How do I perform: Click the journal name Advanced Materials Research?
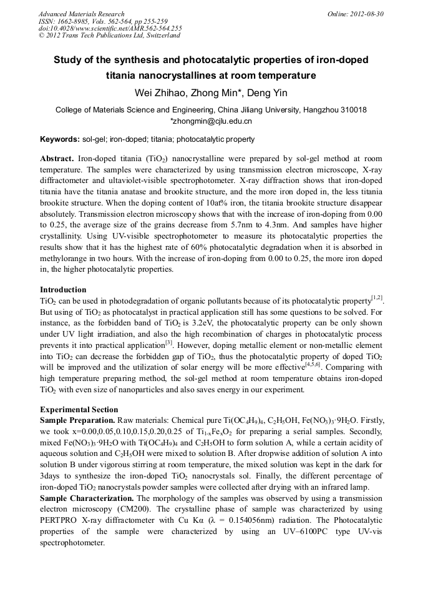point(81,14)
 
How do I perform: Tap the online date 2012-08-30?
point(367,14)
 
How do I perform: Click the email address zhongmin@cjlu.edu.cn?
point(213,121)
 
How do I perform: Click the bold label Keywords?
point(59,139)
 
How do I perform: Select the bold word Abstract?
point(57,159)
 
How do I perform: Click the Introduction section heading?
point(63,290)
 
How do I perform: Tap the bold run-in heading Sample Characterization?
point(87,498)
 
